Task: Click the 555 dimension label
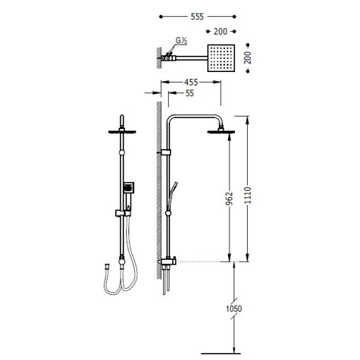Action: tap(197, 17)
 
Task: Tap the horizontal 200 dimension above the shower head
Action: tap(220, 32)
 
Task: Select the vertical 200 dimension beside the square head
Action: tap(248, 58)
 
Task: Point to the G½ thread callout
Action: tap(181, 41)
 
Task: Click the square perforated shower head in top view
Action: tap(221, 58)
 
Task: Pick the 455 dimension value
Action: tap(191, 83)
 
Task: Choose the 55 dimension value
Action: tap(190, 93)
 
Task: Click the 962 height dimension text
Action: tap(229, 198)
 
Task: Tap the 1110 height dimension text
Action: tap(248, 195)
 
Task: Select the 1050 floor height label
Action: tap(234, 308)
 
